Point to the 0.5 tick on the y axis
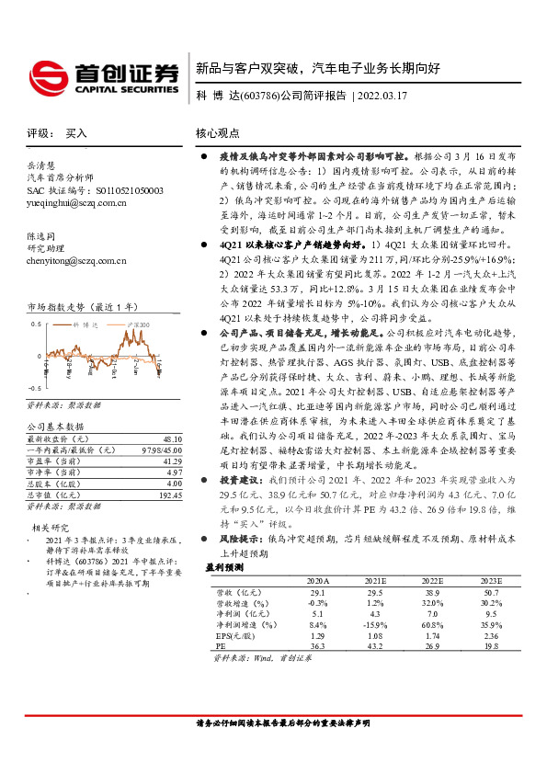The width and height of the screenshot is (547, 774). pyautogui.click(x=34, y=324)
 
